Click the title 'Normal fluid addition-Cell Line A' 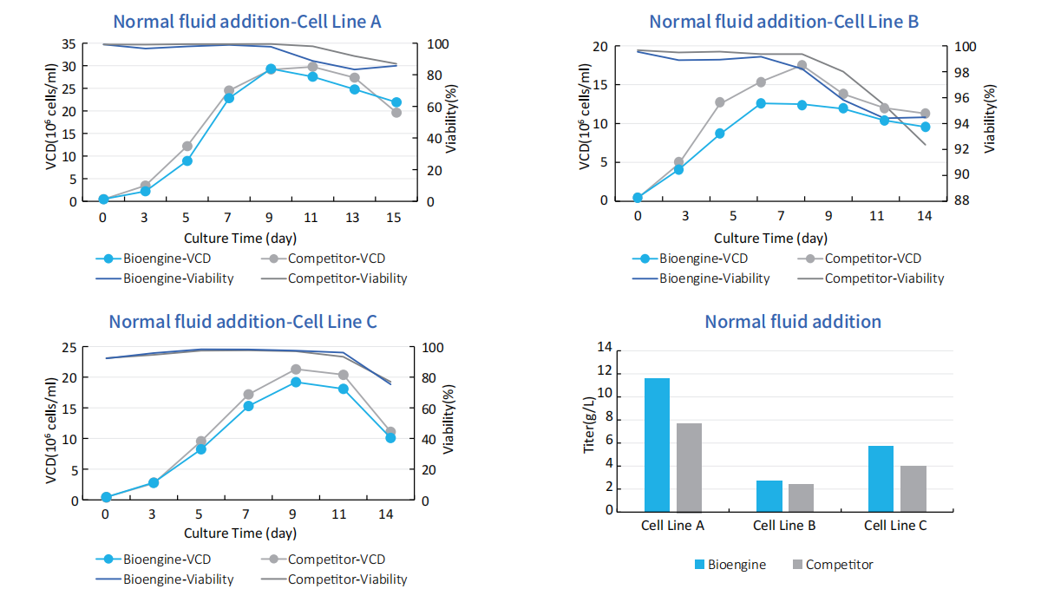point(247,22)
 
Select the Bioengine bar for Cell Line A point(657,444)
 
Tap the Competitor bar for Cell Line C point(913,488)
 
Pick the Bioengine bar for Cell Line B point(769,495)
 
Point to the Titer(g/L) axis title point(590,425)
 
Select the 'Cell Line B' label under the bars point(784,526)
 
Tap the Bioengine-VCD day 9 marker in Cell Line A point(271,69)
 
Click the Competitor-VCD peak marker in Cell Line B point(802,65)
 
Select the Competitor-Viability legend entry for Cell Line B point(884,278)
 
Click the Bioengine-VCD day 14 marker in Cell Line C point(390,438)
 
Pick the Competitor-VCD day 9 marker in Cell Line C point(296,370)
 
